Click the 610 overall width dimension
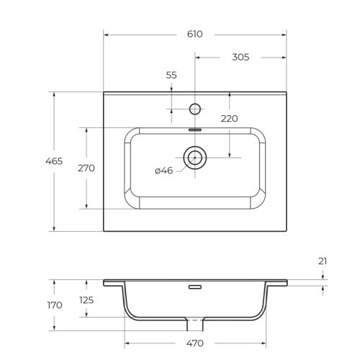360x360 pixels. (x=194, y=34)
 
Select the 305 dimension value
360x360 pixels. (x=240, y=57)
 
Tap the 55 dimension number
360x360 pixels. (x=171, y=75)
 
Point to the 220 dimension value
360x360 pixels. (x=229, y=119)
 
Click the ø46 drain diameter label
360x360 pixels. (x=163, y=171)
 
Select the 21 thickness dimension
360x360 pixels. (x=322, y=262)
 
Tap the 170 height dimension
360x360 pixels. (x=55, y=305)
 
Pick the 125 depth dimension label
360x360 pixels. (x=86, y=300)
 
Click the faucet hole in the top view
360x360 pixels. (x=194, y=109)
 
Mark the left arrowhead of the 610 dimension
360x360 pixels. (x=106, y=34)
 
